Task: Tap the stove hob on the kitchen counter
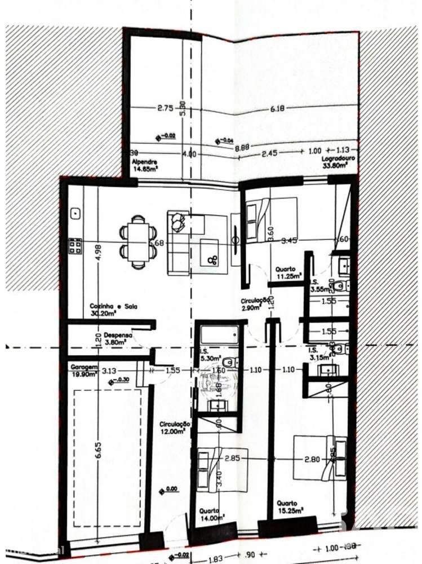(x=75, y=245)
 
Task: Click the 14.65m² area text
(x=144, y=168)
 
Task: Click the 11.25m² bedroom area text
(x=289, y=277)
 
